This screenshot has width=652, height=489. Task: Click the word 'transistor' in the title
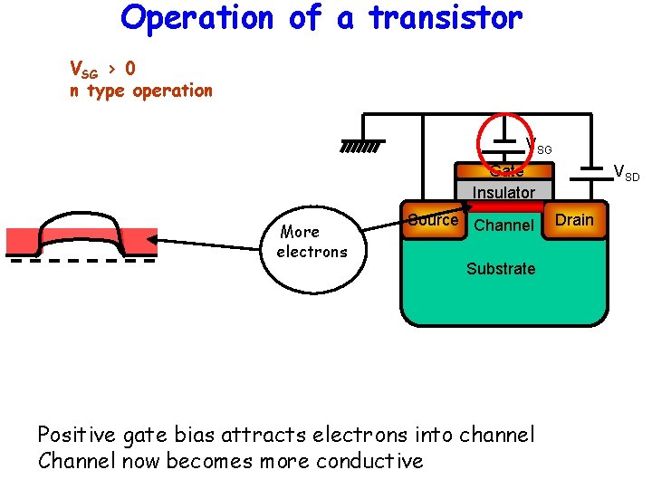coord(445,17)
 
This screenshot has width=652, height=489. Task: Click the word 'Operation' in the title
coord(197,17)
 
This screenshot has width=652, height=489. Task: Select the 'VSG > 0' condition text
coord(103,69)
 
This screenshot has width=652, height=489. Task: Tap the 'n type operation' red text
coord(141,91)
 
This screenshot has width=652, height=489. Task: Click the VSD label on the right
coord(626,171)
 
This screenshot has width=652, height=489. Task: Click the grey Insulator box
coord(503,192)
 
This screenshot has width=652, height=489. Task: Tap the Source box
coord(432,222)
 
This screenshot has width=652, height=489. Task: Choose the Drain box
coord(574,221)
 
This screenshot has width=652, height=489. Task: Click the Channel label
coord(503,225)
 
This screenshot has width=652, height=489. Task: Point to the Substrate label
coord(501,269)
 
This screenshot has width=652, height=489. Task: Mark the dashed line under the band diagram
coord(81,260)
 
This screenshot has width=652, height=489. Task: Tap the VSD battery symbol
coord(592,169)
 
